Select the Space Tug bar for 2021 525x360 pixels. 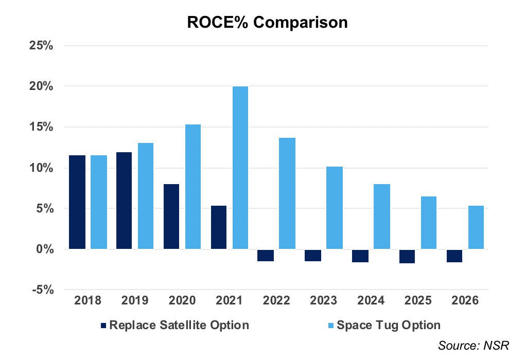[x=240, y=168]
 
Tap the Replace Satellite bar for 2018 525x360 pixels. [x=77, y=202]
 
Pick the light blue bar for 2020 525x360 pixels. [x=193, y=187]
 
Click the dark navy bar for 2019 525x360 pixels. [x=124, y=201]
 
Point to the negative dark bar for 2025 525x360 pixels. [x=407, y=256]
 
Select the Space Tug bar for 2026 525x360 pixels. [x=476, y=227]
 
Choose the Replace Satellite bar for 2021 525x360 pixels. [x=219, y=227]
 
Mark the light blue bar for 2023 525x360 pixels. [x=335, y=208]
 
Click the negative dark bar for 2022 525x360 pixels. [x=266, y=255]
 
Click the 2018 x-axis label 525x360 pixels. [x=87, y=301]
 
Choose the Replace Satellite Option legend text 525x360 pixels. [x=179, y=325]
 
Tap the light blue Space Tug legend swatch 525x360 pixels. [x=331, y=326]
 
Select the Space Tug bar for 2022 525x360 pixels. [x=287, y=193]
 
